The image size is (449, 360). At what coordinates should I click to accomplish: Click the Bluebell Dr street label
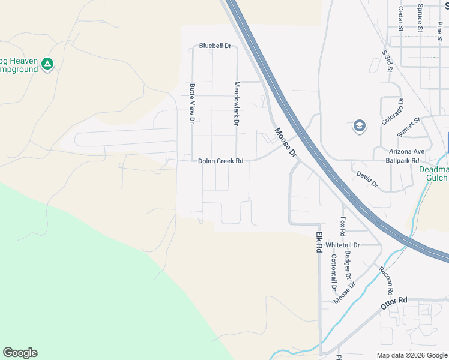pos(215,46)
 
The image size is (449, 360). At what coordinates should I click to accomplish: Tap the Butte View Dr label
pos(192,103)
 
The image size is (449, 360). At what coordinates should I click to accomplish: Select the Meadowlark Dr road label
pos(237,103)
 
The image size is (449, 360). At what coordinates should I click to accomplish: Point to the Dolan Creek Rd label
pos(221,161)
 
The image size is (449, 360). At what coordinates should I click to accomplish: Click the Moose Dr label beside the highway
pos(286,142)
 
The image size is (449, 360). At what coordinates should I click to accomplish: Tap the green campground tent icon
pos(47,63)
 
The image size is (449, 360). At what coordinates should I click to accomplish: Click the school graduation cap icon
pos(359,127)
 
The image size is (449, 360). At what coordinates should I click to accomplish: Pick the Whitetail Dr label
pos(342,245)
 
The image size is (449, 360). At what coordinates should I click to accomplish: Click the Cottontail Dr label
pos(334,272)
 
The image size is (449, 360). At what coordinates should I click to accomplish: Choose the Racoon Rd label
pos(385,280)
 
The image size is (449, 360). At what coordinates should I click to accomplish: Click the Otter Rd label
pos(394,302)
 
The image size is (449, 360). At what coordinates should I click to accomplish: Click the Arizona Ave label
pos(406,151)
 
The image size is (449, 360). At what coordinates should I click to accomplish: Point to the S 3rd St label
pos(387,61)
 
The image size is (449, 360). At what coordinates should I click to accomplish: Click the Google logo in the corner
pos(20,353)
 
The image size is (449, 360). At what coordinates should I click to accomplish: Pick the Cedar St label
pos(400,18)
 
